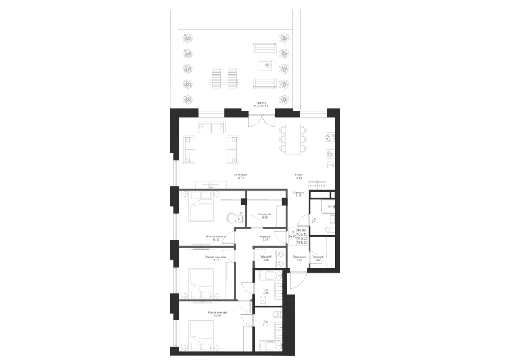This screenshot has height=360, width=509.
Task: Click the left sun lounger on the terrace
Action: pos(216,78)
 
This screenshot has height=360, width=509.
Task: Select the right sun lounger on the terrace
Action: pos(232,78)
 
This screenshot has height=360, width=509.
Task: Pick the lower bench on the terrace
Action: pos(263,84)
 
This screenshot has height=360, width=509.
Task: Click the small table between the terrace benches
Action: pos(264,66)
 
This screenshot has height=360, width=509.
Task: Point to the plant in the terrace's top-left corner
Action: pos(187,39)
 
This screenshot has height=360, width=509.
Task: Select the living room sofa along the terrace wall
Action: pos(211,128)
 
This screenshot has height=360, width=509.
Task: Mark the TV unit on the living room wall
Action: pos(210,185)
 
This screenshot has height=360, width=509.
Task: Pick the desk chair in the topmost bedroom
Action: pos(230,216)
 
